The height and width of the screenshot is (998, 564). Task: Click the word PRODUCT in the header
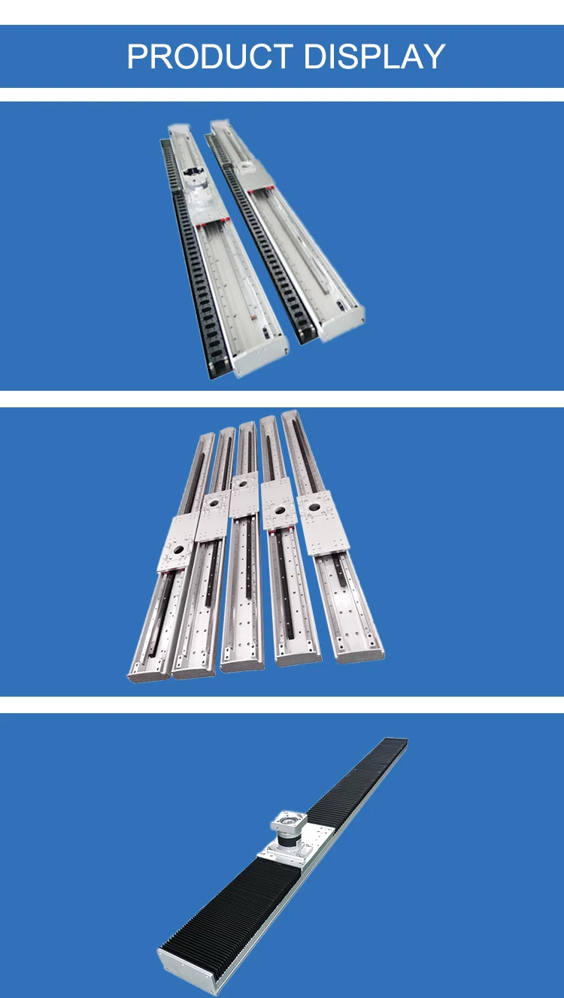pyautogui.click(x=210, y=57)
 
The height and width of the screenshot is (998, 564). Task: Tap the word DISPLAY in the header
pyautogui.click(x=374, y=57)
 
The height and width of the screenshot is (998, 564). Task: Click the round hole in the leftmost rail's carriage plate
pyautogui.click(x=179, y=550)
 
